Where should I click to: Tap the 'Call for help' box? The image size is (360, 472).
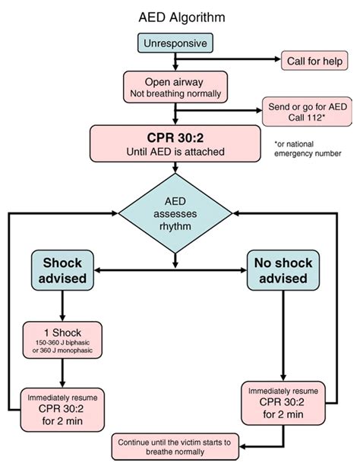coord(311,60)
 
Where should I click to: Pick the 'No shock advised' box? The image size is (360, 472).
coord(282,269)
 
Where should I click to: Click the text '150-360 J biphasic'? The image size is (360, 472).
coord(62,344)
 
